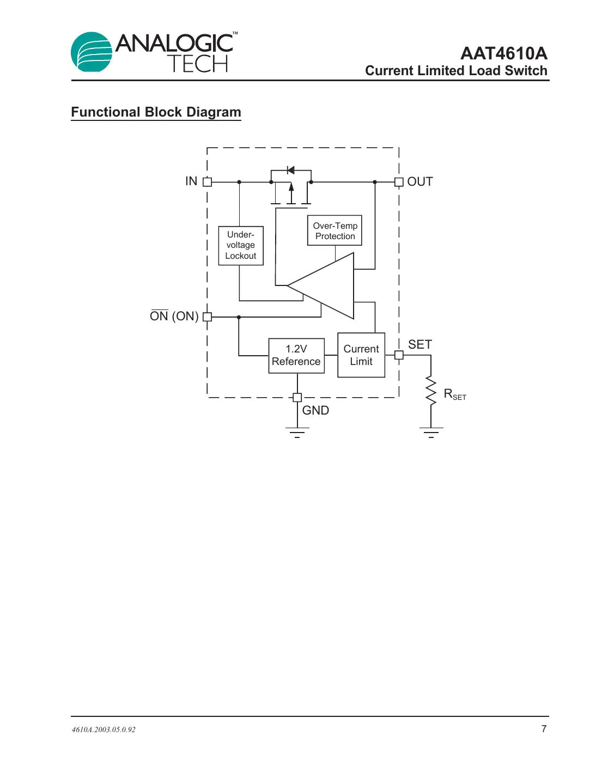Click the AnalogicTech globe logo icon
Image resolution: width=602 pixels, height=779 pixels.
tap(92, 52)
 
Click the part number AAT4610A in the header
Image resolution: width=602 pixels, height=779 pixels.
tap(503, 53)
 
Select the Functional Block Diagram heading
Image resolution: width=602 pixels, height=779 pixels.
tap(156, 112)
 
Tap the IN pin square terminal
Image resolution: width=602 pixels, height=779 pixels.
tap(207, 182)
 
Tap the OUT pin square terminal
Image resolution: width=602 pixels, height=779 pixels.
tap(399, 182)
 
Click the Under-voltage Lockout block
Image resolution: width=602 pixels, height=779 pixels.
tap(241, 246)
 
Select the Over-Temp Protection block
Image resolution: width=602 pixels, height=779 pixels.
tap(335, 230)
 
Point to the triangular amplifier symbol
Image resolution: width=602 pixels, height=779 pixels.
tap(327, 285)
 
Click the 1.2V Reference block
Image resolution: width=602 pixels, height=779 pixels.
tap(296, 356)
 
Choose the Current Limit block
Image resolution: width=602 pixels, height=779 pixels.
tap(361, 355)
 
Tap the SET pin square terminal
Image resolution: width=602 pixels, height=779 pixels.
tap(399, 355)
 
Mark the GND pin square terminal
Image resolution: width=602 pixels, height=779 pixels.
tap(297, 398)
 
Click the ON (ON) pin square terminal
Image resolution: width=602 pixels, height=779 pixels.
tap(207, 317)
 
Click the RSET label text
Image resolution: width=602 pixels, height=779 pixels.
tap(455, 394)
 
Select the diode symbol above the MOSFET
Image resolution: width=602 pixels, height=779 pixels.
tap(290, 171)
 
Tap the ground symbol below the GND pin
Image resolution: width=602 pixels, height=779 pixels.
tap(297, 433)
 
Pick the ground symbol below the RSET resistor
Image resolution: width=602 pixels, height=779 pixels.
tap(431, 433)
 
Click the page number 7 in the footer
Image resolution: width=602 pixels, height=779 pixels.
tap(544, 729)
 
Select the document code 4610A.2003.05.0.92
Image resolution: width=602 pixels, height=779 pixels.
tap(104, 729)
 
